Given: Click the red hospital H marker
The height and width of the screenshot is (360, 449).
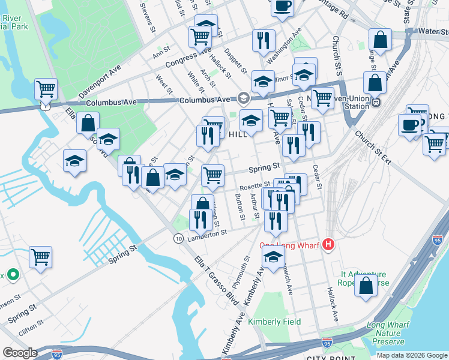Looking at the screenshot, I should click(328, 244).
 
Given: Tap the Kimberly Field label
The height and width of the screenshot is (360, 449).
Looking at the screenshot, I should click(275, 322).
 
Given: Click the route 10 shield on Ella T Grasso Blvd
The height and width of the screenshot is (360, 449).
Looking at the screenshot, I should click(178, 238).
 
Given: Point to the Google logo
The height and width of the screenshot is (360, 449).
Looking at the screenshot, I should click(20, 353).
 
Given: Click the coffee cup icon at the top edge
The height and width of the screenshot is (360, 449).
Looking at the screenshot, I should click(282, 6).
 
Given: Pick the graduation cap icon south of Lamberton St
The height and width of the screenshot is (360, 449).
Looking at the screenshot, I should click(273, 258).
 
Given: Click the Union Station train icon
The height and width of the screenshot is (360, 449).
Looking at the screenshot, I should click(376, 101).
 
